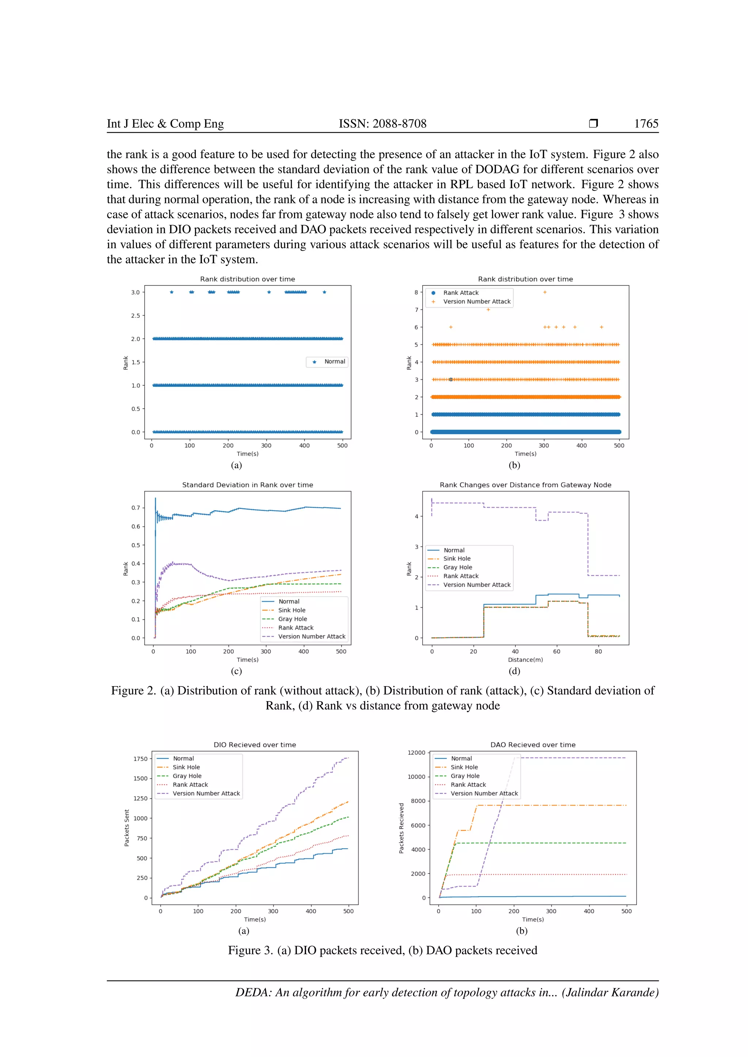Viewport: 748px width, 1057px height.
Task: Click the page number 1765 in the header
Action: click(x=646, y=123)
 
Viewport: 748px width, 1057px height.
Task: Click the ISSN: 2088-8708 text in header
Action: click(x=382, y=123)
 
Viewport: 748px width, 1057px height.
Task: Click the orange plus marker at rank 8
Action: click(x=545, y=292)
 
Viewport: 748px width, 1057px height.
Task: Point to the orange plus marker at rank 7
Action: click(x=488, y=310)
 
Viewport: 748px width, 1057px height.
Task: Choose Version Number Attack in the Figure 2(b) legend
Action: click(x=477, y=301)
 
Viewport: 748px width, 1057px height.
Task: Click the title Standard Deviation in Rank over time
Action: click(x=247, y=485)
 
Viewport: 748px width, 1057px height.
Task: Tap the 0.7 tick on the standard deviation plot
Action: click(x=136, y=508)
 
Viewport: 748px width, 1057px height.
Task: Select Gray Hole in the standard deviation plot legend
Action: click(x=293, y=619)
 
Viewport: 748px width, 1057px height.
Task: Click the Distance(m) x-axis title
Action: click(x=525, y=660)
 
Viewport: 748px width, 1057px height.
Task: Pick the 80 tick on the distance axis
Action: click(x=598, y=652)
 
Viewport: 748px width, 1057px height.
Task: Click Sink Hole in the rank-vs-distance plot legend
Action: click(x=457, y=558)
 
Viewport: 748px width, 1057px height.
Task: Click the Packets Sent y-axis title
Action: click(x=127, y=828)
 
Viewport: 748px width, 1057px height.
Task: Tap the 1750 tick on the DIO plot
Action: click(x=141, y=759)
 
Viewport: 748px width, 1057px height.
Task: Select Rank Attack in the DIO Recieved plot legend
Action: click(x=190, y=784)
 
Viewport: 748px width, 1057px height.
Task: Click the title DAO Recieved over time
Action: click(x=533, y=745)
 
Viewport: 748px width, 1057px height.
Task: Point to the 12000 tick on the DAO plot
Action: click(x=416, y=753)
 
